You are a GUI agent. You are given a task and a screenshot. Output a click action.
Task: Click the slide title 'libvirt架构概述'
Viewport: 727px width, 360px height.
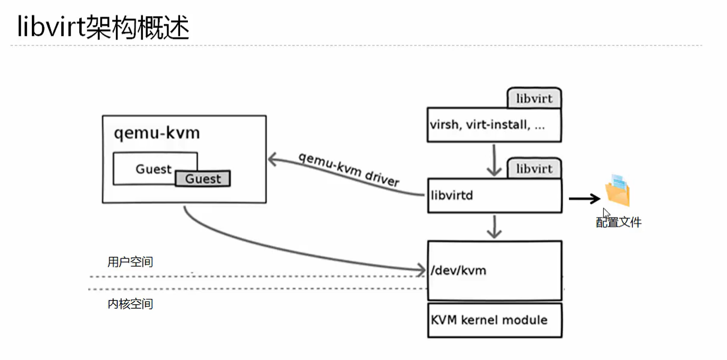tap(103, 28)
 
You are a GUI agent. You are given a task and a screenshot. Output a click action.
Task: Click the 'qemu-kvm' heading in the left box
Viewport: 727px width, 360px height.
tap(157, 133)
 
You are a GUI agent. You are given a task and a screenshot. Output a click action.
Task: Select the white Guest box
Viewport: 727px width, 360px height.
tap(153, 169)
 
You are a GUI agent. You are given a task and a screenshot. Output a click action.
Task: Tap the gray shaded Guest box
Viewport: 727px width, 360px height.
tap(203, 179)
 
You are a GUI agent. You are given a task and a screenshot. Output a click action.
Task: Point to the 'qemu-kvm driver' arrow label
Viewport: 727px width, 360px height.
tap(349, 170)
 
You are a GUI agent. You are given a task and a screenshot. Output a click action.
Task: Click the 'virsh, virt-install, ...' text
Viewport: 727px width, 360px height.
tap(487, 125)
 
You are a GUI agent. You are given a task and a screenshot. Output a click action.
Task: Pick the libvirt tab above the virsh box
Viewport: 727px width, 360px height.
tap(534, 99)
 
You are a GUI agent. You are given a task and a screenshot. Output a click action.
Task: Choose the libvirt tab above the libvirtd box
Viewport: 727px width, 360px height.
tap(534, 169)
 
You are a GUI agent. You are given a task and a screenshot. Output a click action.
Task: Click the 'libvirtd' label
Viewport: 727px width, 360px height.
tap(452, 196)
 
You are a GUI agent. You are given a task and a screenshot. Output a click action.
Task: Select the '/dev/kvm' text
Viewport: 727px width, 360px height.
tap(458, 270)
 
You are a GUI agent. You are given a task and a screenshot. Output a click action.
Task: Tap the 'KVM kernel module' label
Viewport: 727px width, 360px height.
tap(489, 320)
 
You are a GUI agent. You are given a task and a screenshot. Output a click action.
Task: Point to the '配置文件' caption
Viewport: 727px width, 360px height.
tap(618, 223)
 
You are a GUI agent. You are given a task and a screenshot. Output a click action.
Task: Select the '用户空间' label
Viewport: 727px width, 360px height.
tap(130, 262)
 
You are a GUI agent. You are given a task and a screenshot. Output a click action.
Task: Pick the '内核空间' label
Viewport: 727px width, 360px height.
tap(130, 304)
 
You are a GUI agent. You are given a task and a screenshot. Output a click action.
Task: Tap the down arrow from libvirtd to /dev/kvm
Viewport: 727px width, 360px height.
tap(494, 226)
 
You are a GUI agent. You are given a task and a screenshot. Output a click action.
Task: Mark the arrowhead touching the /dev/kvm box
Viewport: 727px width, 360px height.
tap(421, 270)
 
